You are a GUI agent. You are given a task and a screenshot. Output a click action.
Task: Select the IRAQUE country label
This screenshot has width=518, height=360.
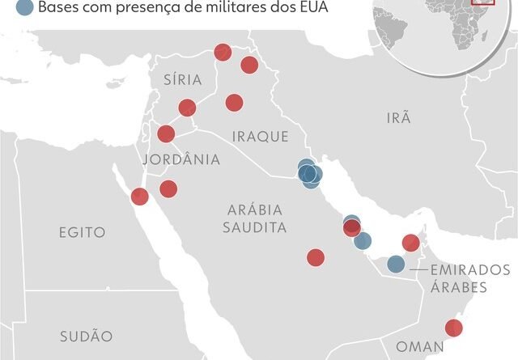pyautogui.click(x=260, y=137)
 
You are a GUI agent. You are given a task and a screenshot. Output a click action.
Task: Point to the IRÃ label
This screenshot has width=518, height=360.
pyautogui.click(x=398, y=118)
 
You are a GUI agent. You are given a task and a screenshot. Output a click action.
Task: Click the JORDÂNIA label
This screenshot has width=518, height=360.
pyautogui.click(x=181, y=159)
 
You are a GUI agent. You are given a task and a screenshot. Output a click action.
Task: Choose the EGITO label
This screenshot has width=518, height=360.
pyautogui.click(x=82, y=232)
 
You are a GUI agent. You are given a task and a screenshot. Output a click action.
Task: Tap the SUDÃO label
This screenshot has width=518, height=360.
pyautogui.click(x=86, y=336)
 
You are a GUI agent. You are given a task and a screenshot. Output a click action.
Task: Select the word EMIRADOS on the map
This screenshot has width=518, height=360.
pyautogui.click(x=470, y=269)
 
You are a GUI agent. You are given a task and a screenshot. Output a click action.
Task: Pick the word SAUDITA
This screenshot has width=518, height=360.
pyautogui.click(x=255, y=228)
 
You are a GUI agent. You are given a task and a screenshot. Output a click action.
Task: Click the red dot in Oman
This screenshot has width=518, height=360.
pyautogui.click(x=454, y=328)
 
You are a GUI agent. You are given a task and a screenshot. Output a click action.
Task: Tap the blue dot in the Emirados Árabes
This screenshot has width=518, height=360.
pyautogui.click(x=395, y=264)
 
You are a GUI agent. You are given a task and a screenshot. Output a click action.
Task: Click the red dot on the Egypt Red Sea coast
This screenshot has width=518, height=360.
pyautogui.click(x=139, y=196)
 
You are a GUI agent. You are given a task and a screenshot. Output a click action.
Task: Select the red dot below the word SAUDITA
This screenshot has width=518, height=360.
pyautogui.click(x=316, y=257)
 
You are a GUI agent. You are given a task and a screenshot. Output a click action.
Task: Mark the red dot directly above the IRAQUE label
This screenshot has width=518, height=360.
pyautogui.click(x=234, y=102)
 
